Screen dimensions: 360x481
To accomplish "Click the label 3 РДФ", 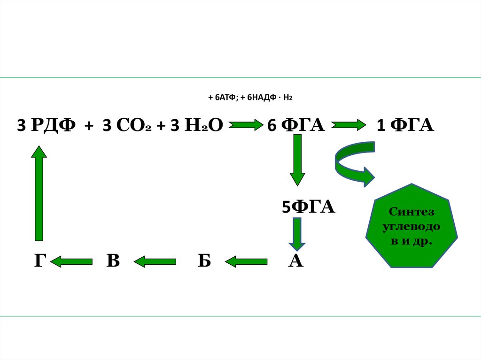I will [46, 126].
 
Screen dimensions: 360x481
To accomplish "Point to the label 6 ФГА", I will [296, 126].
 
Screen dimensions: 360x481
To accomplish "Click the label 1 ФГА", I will [405, 126].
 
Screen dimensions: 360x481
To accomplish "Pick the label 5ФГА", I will [308, 207].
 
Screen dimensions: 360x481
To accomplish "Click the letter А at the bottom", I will [295, 261].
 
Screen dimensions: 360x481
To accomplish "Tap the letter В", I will [113, 261].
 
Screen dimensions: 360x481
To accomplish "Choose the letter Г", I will [39, 261].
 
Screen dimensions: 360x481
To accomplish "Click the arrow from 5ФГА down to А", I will [297, 234].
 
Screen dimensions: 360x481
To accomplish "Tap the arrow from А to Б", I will [246, 261].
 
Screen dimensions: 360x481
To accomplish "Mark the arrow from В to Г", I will [71, 261].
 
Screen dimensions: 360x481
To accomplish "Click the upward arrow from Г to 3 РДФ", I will [39, 192].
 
